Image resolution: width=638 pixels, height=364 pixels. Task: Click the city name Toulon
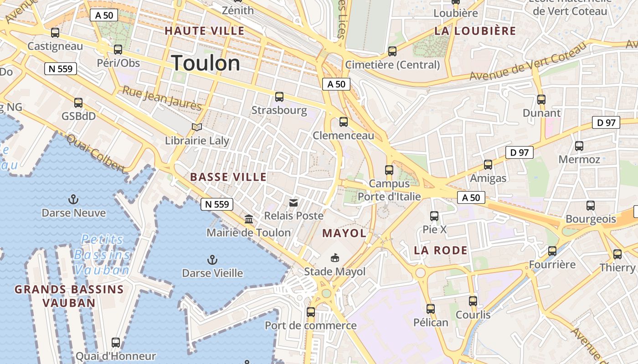[206, 63]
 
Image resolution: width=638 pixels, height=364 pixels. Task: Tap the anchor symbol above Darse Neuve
[73, 199]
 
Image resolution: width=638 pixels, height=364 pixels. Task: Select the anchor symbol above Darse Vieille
[212, 260]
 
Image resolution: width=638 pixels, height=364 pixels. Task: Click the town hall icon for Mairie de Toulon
[249, 219]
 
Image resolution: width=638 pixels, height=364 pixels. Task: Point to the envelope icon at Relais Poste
[293, 202]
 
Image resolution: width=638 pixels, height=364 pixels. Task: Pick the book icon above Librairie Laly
[196, 127]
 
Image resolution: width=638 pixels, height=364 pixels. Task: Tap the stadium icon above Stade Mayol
[335, 258]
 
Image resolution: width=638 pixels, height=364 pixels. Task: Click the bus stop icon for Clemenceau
[344, 122]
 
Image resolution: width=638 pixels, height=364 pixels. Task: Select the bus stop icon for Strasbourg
[279, 97]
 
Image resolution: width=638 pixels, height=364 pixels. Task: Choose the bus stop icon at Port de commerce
[311, 312]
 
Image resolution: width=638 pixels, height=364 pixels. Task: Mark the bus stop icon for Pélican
[431, 309]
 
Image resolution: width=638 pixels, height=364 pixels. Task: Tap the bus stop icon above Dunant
[541, 99]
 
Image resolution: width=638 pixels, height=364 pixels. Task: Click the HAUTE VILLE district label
[205, 31]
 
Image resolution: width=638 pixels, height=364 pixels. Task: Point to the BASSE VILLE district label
[228, 177]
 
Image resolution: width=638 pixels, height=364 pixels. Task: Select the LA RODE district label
[441, 250]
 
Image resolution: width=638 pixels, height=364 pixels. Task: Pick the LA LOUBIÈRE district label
[475, 31]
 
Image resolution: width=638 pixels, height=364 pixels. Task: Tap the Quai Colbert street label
[96, 153]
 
